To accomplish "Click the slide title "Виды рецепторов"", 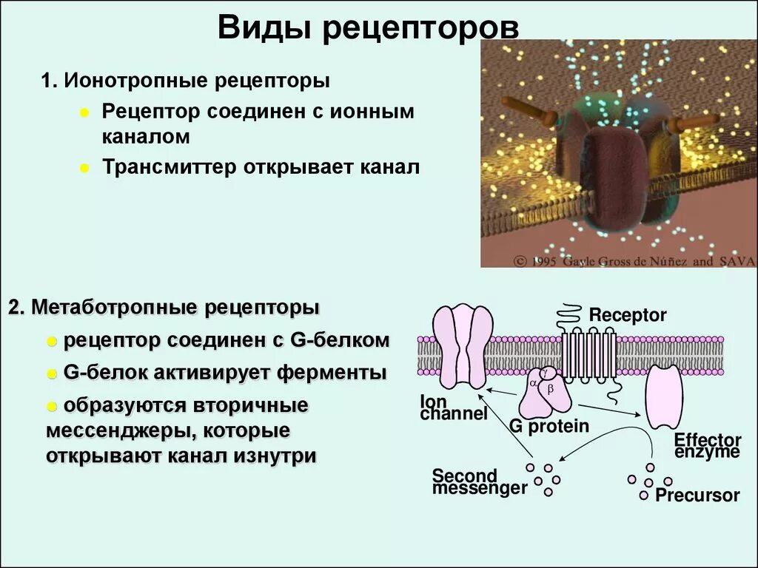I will coord(368,29).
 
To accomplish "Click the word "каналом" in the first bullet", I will coord(146,137).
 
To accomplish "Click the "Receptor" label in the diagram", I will coord(628,316).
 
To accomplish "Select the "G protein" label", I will coord(549,426).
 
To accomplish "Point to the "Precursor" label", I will coord(697,496).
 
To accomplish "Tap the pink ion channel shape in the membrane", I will coord(463,346).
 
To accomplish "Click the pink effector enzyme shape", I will coord(663,396).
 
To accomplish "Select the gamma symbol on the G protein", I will coord(546,373).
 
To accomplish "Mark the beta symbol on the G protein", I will coord(550,388).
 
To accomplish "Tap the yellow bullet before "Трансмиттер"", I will coord(85,169).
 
